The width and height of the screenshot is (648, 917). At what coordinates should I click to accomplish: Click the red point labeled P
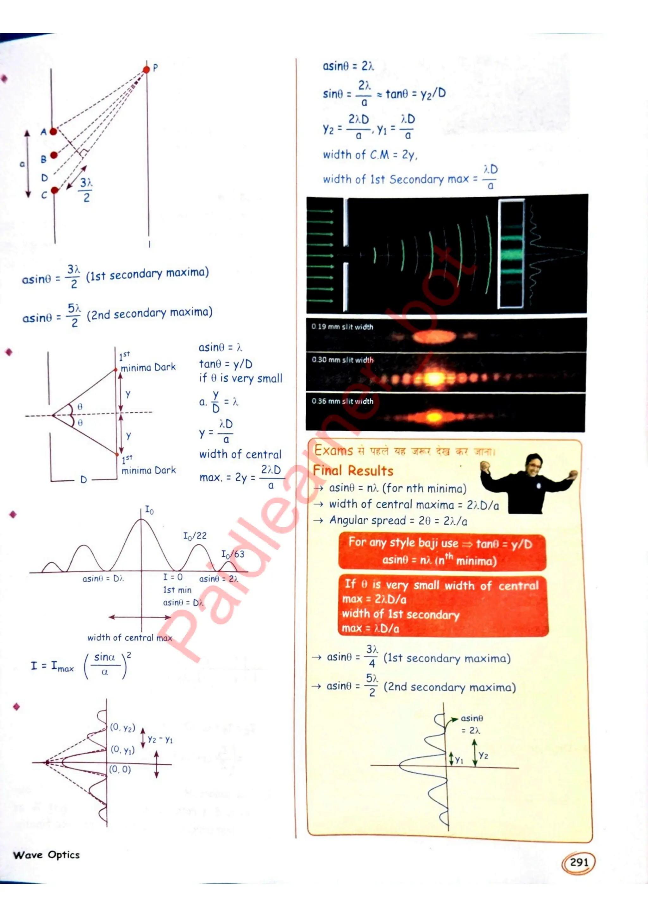(x=146, y=69)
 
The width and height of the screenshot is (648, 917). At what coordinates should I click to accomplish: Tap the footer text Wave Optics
(x=46, y=855)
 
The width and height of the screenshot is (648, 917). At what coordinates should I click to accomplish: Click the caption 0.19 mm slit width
(x=342, y=327)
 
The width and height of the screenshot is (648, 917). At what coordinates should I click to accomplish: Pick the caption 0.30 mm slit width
(x=342, y=360)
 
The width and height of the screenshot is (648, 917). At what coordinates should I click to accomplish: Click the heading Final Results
(x=353, y=471)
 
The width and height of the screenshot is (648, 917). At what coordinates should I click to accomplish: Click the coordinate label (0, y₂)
(x=122, y=727)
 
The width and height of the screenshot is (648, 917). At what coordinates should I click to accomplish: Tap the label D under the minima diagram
(x=84, y=479)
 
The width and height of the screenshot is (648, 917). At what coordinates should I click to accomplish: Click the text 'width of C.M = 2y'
(x=370, y=155)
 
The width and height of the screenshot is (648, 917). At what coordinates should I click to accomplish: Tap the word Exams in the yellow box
(x=333, y=451)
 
